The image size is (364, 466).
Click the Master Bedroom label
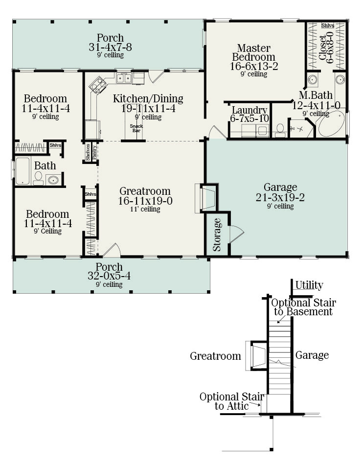(254, 53)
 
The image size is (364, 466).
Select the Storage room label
(217, 234)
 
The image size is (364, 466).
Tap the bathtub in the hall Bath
(23, 171)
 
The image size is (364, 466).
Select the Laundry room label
(249, 110)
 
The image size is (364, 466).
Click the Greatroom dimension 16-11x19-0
(145, 200)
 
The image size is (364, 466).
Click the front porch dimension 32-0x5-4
(110, 276)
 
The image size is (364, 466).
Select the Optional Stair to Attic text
(231, 401)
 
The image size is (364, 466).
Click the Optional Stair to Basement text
(303, 307)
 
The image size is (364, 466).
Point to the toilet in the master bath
(280, 130)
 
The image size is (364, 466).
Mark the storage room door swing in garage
(236, 234)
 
